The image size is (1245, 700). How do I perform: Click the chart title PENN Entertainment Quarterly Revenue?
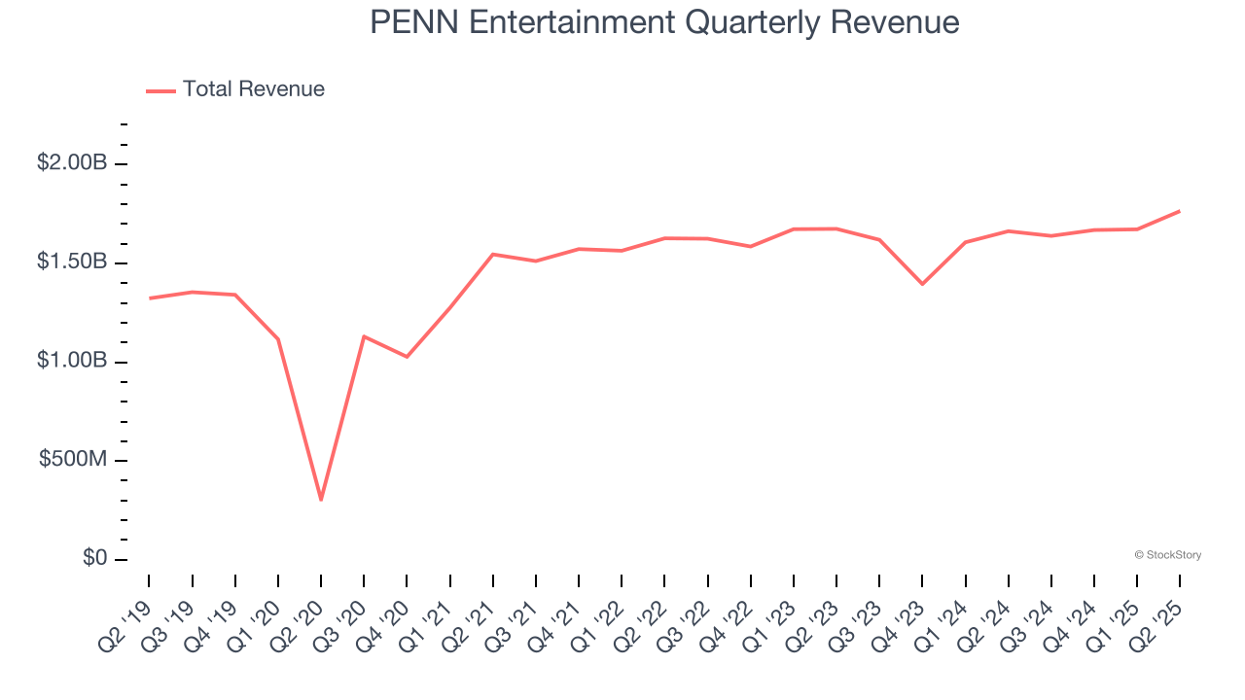tap(664, 22)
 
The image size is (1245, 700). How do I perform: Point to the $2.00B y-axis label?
tap(72, 162)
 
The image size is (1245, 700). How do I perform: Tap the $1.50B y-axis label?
tap(72, 262)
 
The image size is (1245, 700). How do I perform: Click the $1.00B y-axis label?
tap(72, 361)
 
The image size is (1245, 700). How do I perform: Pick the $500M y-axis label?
tap(73, 459)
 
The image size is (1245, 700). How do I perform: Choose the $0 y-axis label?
tap(94, 558)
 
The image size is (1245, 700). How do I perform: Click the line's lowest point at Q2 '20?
tap(321, 500)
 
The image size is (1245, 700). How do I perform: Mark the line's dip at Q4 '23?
tap(922, 284)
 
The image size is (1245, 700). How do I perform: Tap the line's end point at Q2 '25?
tap(1179, 211)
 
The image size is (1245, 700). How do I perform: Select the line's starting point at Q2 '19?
tap(150, 297)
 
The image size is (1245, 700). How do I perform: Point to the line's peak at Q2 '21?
tap(493, 254)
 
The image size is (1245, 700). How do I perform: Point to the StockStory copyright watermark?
tap(1167, 555)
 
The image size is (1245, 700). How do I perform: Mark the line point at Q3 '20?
tap(364, 336)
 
